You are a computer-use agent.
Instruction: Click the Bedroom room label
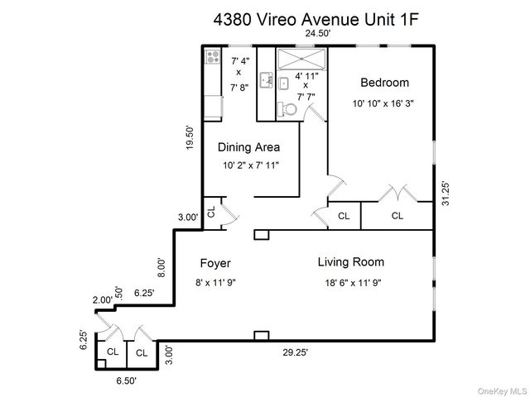pos(384,83)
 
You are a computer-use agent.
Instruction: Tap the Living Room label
pos(351,262)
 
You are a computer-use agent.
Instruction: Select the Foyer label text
pos(215,263)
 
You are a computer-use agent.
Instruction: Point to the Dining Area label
pos(248,147)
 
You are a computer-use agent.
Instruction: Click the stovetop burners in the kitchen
pos(213,56)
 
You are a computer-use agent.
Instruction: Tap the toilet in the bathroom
pos(287,109)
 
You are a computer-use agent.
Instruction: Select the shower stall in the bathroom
pos(301,59)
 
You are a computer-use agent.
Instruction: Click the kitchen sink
pos(266,80)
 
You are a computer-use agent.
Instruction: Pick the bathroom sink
pos(283,84)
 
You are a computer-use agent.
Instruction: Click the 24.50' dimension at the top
pos(318,33)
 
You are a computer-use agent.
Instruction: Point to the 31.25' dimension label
pos(446,194)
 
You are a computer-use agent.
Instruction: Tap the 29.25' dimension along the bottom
pos(296,352)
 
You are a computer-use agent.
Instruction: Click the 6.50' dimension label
pos(127,380)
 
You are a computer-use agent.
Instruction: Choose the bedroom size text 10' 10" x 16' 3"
pos(383,103)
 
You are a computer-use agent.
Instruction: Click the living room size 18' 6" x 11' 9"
pos(354,283)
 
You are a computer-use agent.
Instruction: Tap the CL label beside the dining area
pos(211,212)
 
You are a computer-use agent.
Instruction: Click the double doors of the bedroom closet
pos(397,193)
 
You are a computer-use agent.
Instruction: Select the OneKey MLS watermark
pos(503,391)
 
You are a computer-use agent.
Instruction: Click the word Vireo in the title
pos(277,20)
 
